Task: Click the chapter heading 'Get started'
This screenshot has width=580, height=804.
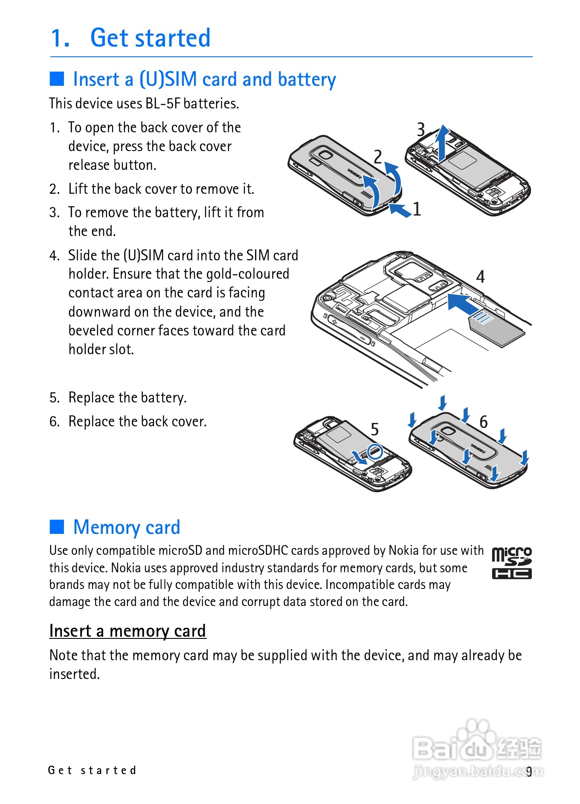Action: [150, 38]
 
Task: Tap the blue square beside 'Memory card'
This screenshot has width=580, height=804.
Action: [57, 527]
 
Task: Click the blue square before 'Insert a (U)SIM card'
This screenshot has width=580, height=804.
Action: [57, 79]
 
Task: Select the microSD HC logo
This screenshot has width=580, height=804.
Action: [512, 563]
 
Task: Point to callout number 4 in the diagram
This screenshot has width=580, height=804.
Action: [480, 277]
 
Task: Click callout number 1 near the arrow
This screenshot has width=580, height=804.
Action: [417, 209]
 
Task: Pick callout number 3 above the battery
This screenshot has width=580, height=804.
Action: [421, 129]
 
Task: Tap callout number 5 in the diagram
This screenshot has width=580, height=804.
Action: [374, 429]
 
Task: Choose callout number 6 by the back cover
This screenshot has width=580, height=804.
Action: [483, 422]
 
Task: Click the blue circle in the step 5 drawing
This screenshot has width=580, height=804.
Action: [375, 451]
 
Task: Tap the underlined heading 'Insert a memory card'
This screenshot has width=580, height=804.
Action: [128, 631]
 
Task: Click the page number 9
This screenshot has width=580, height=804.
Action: [529, 772]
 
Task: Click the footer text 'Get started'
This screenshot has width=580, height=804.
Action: [92, 770]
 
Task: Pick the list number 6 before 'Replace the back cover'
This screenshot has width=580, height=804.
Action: [54, 422]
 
